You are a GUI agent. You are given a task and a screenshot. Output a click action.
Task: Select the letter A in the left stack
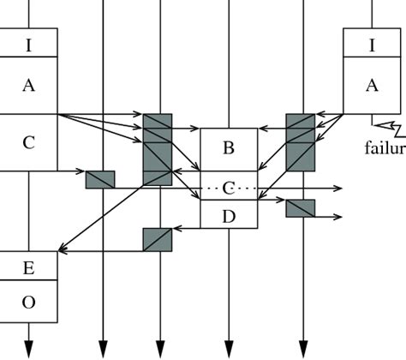(x=29, y=85)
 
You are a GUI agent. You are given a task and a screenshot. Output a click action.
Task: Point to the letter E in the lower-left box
(x=29, y=268)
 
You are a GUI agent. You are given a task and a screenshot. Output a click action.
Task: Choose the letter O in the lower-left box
(x=29, y=302)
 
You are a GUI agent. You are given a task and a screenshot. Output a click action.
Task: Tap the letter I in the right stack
(x=372, y=45)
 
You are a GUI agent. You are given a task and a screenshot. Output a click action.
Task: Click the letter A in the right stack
(x=372, y=85)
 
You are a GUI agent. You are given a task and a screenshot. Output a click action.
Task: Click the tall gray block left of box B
(x=158, y=148)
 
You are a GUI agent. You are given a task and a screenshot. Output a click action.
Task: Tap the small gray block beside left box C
(x=100, y=179)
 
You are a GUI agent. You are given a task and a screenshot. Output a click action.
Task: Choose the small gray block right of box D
(x=301, y=207)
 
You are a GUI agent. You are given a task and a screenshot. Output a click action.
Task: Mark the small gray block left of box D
(x=158, y=239)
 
